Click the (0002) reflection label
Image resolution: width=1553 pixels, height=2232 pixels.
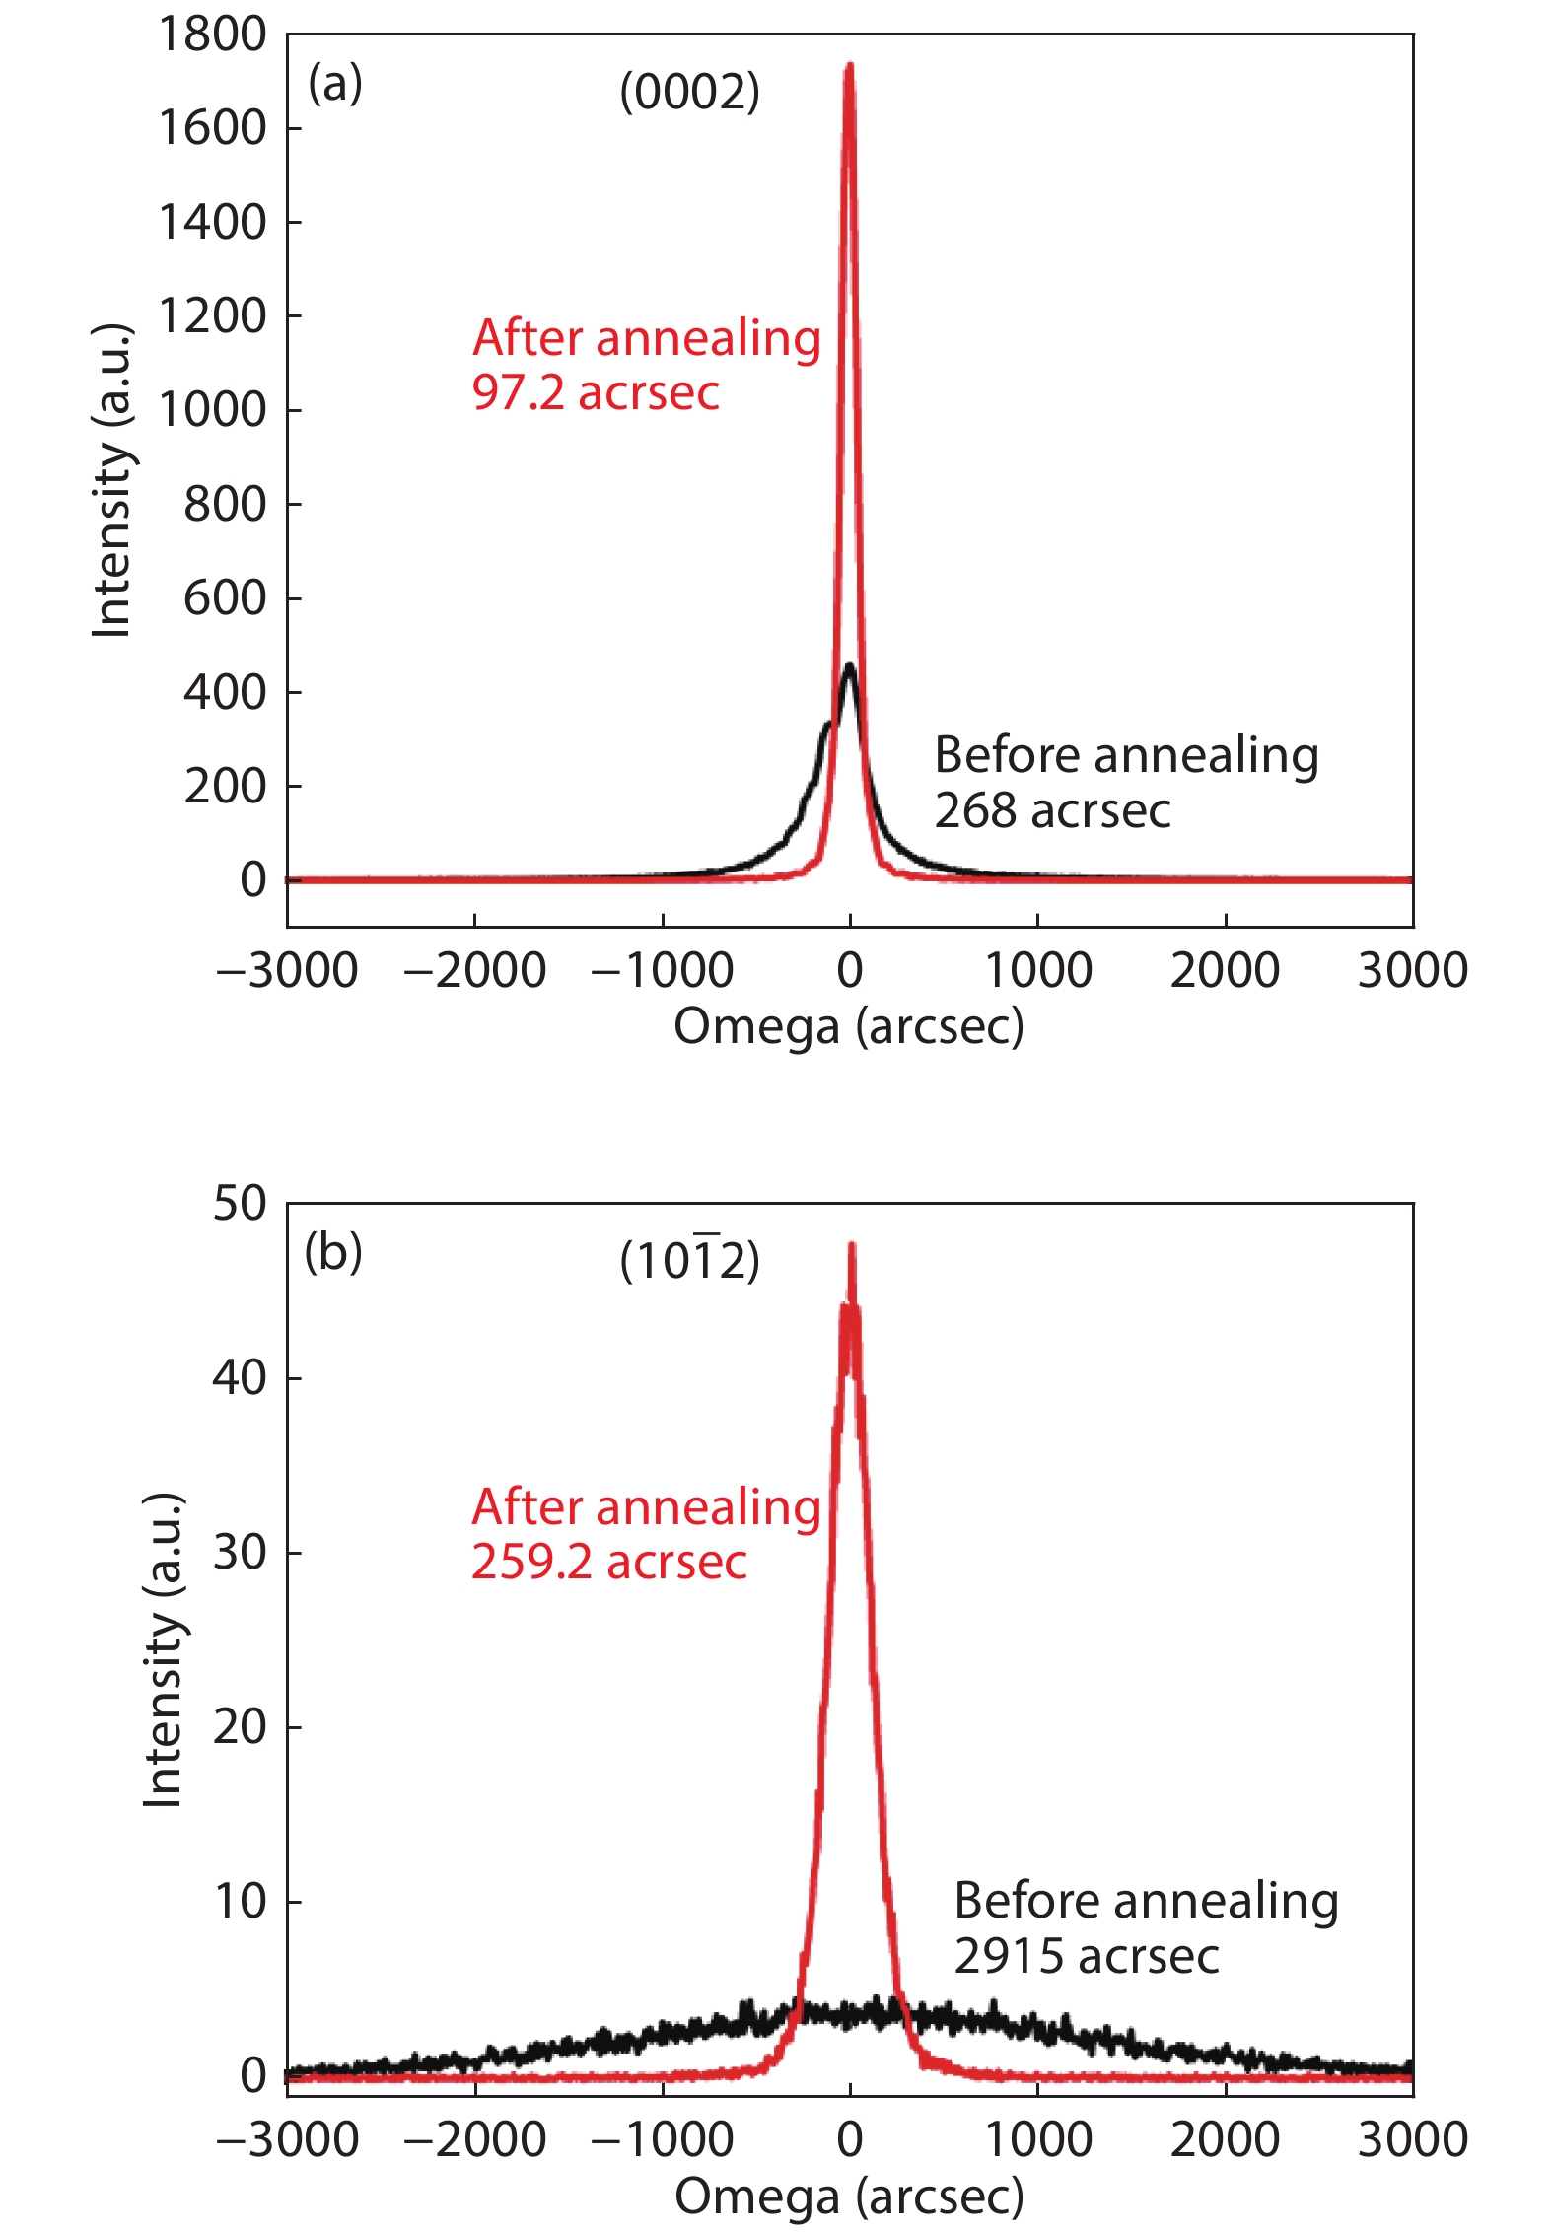click(x=689, y=93)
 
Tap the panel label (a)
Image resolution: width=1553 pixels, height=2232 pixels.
click(x=335, y=84)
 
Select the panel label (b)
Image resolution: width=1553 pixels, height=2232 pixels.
click(x=333, y=1253)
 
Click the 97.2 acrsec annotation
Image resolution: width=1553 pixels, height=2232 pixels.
click(x=596, y=393)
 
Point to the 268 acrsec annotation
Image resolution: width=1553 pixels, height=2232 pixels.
click(x=1052, y=811)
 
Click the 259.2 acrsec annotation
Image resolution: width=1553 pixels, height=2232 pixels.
click(x=608, y=1562)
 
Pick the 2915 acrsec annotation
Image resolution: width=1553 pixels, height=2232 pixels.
click(x=1086, y=1956)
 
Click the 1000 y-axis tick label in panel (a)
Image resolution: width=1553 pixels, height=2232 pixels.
click(x=212, y=410)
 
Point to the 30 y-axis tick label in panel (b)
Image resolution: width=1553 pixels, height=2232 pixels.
click(x=240, y=1553)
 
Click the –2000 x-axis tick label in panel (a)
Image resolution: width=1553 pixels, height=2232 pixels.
click(x=474, y=971)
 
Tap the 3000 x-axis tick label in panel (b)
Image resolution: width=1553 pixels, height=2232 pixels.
click(x=1412, y=2140)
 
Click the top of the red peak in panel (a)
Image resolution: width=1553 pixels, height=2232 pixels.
click(x=849, y=67)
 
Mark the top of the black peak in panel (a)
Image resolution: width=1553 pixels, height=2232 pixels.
click(x=850, y=666)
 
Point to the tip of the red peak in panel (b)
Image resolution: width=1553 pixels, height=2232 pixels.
click(x=851, y=1245)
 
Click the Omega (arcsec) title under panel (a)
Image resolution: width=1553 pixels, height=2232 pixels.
click(x=849, y=1027)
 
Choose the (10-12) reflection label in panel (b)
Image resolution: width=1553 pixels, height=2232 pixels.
click(x=689, y=1261)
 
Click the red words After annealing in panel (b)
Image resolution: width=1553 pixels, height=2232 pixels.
click(x=646, y=1507)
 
